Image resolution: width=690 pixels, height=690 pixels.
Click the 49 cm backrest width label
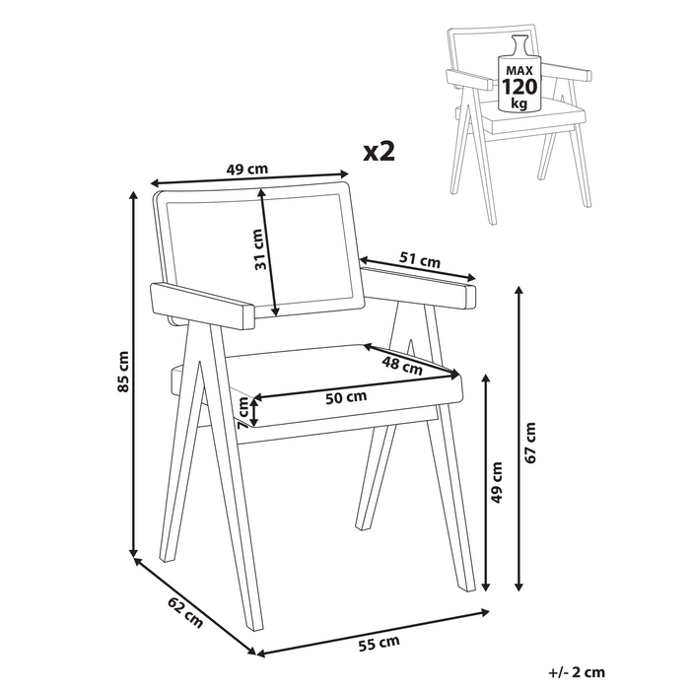point(246,169)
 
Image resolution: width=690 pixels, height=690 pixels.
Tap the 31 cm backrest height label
point(257,249)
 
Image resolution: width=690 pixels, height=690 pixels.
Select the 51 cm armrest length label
point(419,261)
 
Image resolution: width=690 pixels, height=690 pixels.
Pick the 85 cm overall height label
point(123,372)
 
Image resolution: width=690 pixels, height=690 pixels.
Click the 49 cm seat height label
point(497,483)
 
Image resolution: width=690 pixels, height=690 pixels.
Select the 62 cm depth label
point(185,613)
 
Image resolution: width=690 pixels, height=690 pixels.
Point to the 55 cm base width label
point(379,644)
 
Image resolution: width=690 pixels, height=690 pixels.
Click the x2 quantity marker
point(379,151)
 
